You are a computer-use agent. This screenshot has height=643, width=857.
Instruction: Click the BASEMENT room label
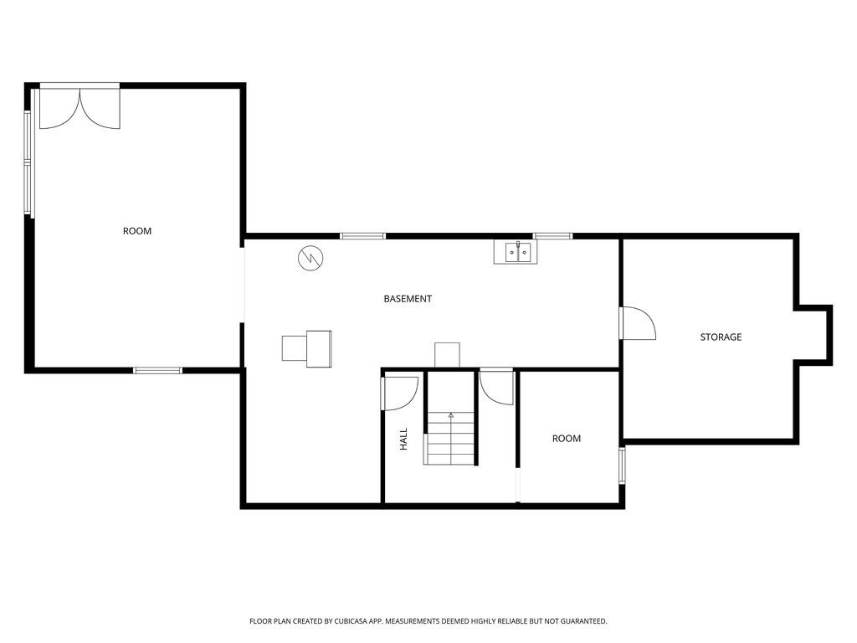coord(408,299)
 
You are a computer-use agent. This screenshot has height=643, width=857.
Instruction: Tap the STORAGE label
coord(721,337)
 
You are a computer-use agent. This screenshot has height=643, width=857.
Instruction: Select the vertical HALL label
coord(403,440)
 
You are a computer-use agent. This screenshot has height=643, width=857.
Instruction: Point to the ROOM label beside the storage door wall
coord(566,439)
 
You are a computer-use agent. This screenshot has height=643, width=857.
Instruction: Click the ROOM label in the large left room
coord(137,231)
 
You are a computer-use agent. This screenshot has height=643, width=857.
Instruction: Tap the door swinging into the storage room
coord(638,323)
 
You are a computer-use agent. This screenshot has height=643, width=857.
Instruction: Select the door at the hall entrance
coord(400,394)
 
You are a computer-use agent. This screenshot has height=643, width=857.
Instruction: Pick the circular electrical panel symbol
coord(310,258)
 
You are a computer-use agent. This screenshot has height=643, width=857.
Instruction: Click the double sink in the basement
coord(516,251)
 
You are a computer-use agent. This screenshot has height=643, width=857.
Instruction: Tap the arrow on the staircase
coord(451,414)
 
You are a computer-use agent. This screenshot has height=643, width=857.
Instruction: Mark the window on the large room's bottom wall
coord(157,369)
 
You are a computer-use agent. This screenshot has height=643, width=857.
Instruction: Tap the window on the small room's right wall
coord(622,465)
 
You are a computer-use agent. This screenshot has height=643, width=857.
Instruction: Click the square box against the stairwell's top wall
coord(447,355)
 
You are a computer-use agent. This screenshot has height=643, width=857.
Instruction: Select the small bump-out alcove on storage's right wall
coord(814,335)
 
